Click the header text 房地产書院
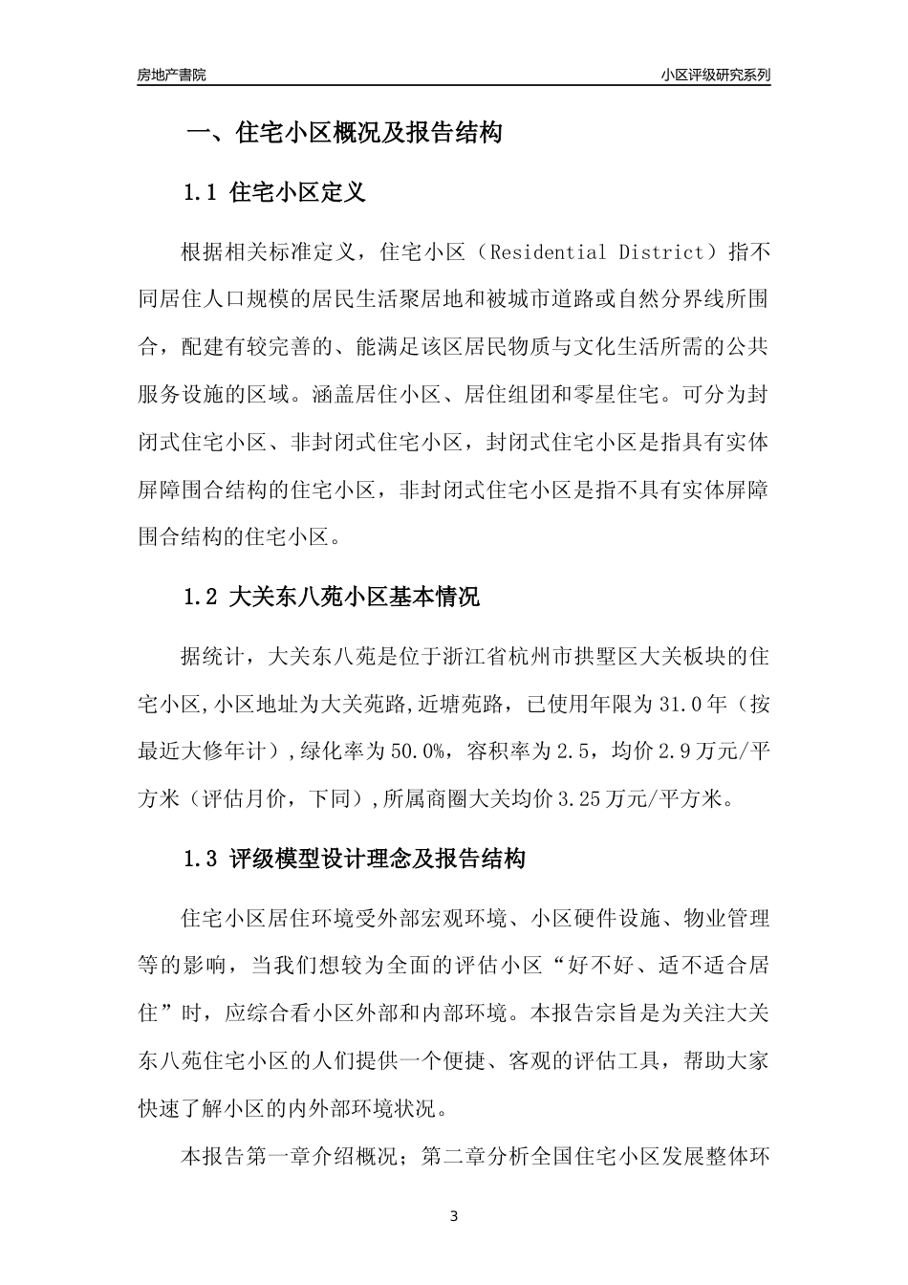172,75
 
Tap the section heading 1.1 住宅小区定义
273,193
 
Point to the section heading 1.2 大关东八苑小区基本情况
331,598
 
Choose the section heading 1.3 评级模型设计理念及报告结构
354,859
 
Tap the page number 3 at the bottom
454,1216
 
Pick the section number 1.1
202,193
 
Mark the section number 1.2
202,598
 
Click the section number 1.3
202,859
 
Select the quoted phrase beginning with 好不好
630,965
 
